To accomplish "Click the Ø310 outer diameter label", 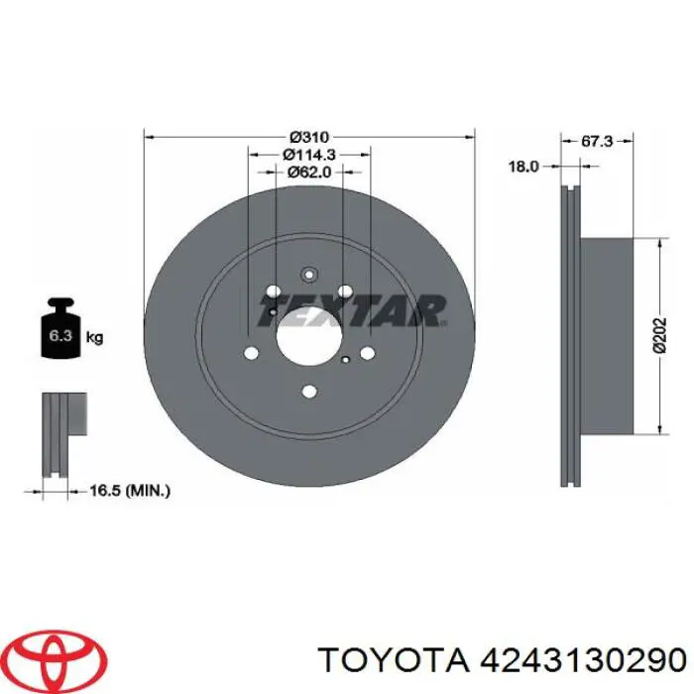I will pyautogui.click(x=309, y=138).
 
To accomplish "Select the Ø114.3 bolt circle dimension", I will pyautogui.click(x=309, y=155).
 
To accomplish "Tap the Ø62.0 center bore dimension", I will pyautogui.click(x=308, y=173).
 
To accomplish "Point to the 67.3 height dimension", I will pyautogui.click(x=596, y=142).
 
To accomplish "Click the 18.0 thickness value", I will pyautogui.click(x=522, y=168).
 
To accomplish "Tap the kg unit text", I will pyautogui.click(x=95, y=338).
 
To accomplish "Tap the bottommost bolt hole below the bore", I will pyautogui.click(x=307, y=391).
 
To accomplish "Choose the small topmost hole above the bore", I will pyautogui.click(x=307, y=276).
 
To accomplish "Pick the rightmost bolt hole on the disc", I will pyautogui.click(x=367, y=351).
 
